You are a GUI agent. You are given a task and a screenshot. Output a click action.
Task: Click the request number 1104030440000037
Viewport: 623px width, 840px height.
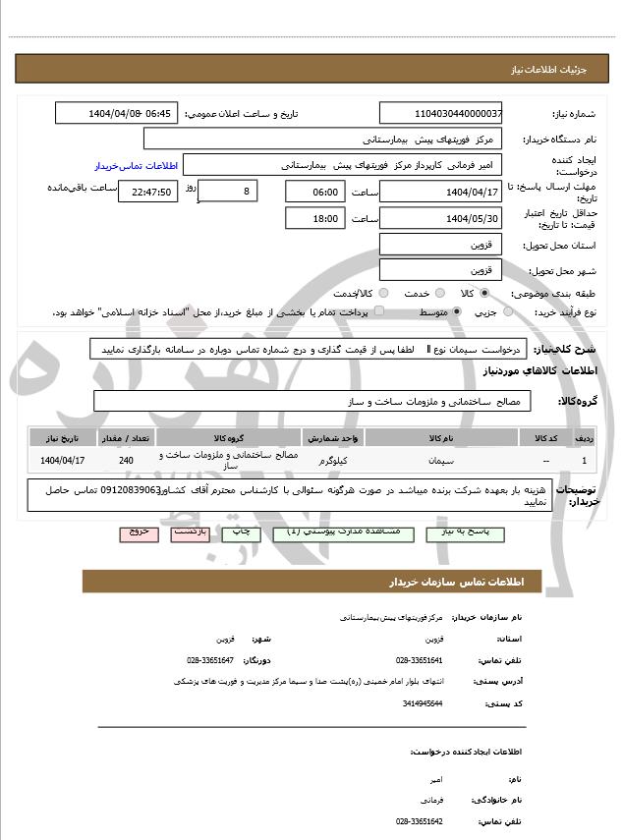441,113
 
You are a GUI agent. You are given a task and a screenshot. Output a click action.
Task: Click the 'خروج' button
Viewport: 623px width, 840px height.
138,532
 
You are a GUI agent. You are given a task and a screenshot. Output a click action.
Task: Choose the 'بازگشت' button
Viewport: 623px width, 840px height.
191,532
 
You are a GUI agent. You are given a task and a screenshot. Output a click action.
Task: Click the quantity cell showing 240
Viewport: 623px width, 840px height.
126,460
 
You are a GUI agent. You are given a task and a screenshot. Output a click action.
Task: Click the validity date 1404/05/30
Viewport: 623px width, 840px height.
441,218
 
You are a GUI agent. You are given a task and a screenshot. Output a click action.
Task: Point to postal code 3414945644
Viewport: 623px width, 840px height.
423,703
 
